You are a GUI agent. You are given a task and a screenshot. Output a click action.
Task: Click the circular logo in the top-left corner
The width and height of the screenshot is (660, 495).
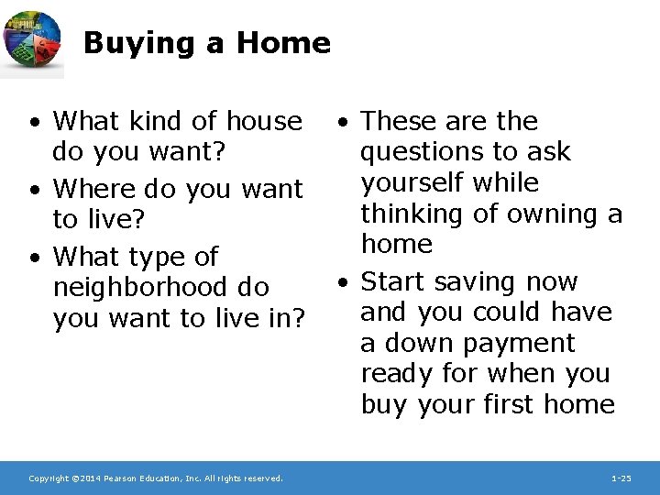point(33,43)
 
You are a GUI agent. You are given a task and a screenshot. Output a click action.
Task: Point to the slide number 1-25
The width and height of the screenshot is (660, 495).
point(621,478)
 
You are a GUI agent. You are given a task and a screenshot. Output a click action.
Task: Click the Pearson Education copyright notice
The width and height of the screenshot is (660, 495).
point(156,478)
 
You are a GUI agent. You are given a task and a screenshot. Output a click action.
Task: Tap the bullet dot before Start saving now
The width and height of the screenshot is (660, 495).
point(340,282)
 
